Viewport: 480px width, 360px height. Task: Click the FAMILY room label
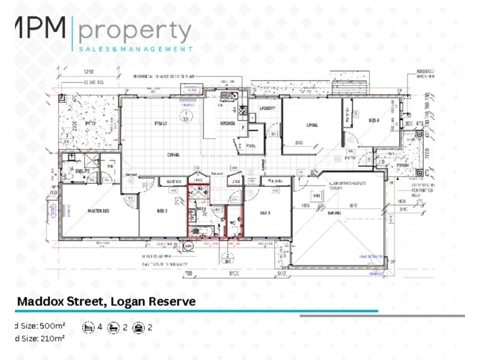click(161, 124)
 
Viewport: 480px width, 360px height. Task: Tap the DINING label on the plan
click(173, 155)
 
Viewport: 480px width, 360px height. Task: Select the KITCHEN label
click(227, 124)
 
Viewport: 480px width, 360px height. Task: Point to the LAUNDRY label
click(267, 109)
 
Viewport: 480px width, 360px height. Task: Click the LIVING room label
click(311, 125)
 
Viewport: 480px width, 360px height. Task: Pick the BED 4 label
click(374, 121)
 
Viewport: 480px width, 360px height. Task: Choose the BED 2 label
click(163, 211)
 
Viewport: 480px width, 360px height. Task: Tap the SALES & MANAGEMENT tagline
click(136, 49)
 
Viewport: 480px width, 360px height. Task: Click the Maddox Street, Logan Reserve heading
click(106, 301)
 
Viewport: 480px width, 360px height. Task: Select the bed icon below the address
click(89, 328)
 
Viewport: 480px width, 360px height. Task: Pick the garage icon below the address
click(139, 328)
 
